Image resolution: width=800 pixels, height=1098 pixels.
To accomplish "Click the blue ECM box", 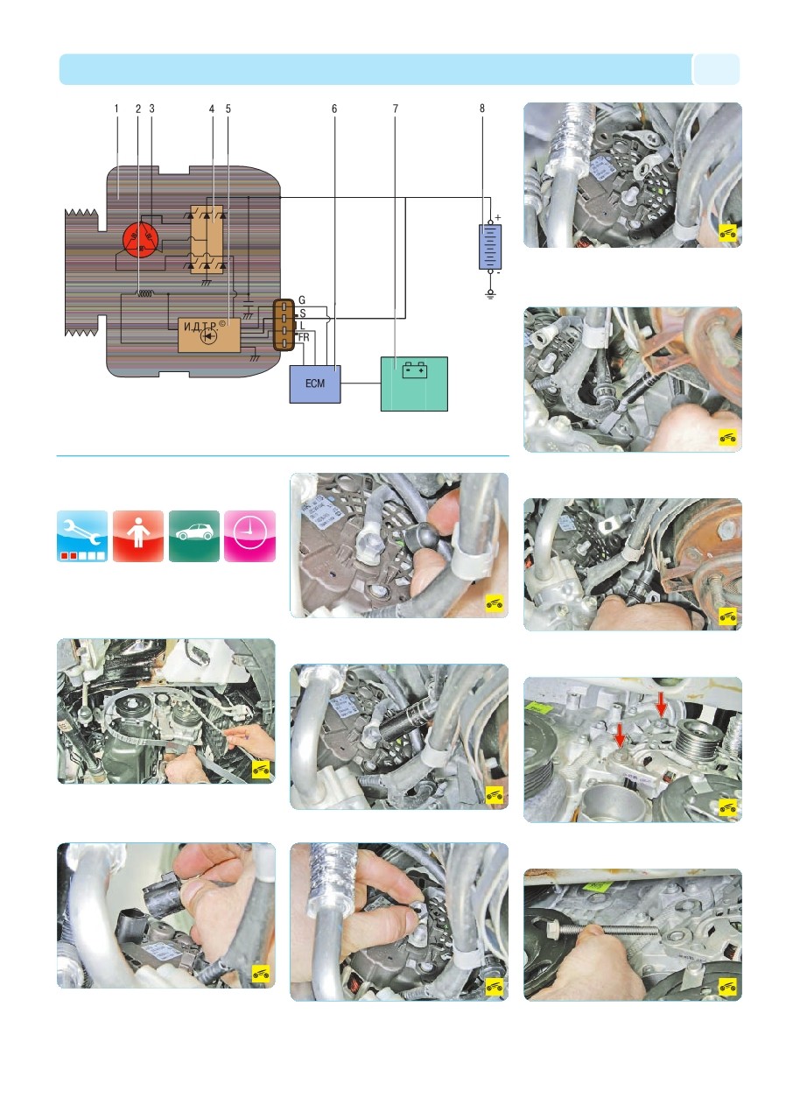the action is (315, 384).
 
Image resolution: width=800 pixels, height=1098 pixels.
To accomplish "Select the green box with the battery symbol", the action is (414, 384).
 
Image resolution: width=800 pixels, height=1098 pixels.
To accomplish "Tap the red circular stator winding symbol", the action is (141, 239).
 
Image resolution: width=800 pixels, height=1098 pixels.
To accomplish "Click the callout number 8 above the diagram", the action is (482, 109).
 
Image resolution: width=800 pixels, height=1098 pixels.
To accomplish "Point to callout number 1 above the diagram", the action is (116, 109).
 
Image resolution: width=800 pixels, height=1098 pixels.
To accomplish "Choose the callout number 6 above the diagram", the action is (334, 109).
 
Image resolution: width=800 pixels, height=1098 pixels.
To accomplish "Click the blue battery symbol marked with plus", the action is (490, 247).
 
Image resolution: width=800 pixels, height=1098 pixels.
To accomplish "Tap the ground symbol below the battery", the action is (490, 293).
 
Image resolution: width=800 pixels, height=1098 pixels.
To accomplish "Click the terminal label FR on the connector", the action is (304, 337).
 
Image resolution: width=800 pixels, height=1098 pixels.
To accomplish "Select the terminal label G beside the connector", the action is (302, 300).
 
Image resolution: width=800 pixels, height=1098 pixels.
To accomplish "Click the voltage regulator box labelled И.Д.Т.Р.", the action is (209, 334).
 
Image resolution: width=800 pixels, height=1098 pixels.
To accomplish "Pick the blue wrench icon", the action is (82, 536).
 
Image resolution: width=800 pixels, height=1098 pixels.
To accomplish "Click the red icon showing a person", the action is (138, 536).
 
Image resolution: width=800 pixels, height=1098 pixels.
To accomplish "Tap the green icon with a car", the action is (194, 536).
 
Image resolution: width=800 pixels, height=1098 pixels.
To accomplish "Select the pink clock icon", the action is (249, 536).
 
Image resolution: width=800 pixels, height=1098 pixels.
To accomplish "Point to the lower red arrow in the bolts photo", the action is (621, 736).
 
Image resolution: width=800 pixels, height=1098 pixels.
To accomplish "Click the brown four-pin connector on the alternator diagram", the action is (284, 325).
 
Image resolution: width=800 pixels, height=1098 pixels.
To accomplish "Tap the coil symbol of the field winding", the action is (145, 293).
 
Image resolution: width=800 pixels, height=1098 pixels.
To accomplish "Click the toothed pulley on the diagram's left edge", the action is (81, 272).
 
